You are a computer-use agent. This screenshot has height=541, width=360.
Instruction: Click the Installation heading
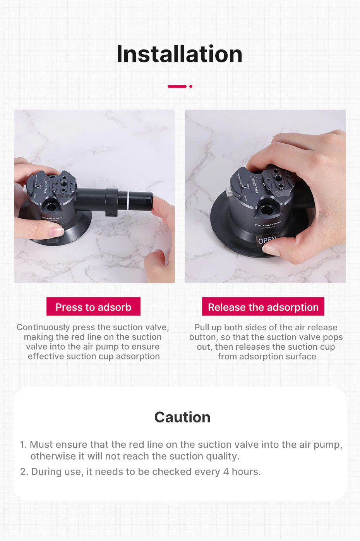(180, 54)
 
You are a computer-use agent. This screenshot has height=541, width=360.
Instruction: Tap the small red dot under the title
(191, 86)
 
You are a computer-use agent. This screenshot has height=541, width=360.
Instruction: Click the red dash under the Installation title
(177, 86)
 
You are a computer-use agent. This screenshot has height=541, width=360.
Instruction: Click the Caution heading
(182, 417)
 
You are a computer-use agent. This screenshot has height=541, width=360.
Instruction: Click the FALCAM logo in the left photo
(46, 187)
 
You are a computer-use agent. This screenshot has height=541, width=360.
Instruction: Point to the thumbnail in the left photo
(56, 232)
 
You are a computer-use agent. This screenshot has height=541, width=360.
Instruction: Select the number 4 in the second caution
(226, 471)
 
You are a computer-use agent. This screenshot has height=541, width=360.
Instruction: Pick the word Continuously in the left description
(43, 327)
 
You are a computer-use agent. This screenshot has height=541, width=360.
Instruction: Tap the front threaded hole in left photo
(51, 207)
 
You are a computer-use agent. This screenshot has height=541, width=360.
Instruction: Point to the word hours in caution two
(246, 471)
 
